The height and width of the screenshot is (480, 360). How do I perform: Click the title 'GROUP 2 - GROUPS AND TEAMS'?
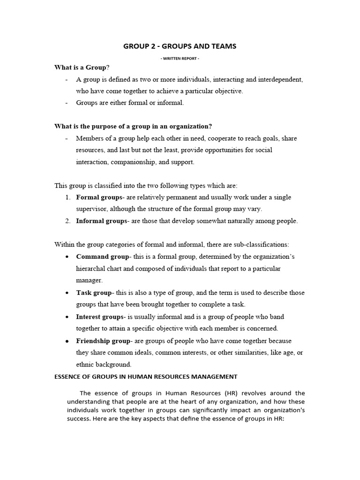tap(180, 46)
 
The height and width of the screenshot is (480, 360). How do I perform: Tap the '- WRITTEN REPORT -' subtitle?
tap(180, 58)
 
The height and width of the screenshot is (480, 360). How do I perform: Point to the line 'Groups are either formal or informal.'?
tap(130, 103)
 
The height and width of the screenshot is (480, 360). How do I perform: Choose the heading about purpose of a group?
tap(133, 127)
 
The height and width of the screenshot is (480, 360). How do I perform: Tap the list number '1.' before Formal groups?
tap(68, 197)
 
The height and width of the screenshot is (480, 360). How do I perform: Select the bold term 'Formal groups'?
tap(98, 197)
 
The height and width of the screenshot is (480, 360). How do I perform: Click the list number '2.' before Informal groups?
tap(68, 221)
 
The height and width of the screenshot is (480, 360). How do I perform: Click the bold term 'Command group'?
tap(102, 257)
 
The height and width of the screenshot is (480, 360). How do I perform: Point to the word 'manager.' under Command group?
tap(89, 280)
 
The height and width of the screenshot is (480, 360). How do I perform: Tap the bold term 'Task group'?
tap(93, 292)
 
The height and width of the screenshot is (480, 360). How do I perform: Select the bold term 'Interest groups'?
tap(99, 316)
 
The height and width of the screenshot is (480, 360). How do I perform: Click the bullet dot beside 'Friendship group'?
tap(68, 341)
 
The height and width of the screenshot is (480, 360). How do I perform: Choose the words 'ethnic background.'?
tap(104, 364)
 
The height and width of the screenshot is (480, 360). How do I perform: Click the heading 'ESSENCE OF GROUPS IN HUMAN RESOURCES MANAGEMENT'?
tap(146, 376)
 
